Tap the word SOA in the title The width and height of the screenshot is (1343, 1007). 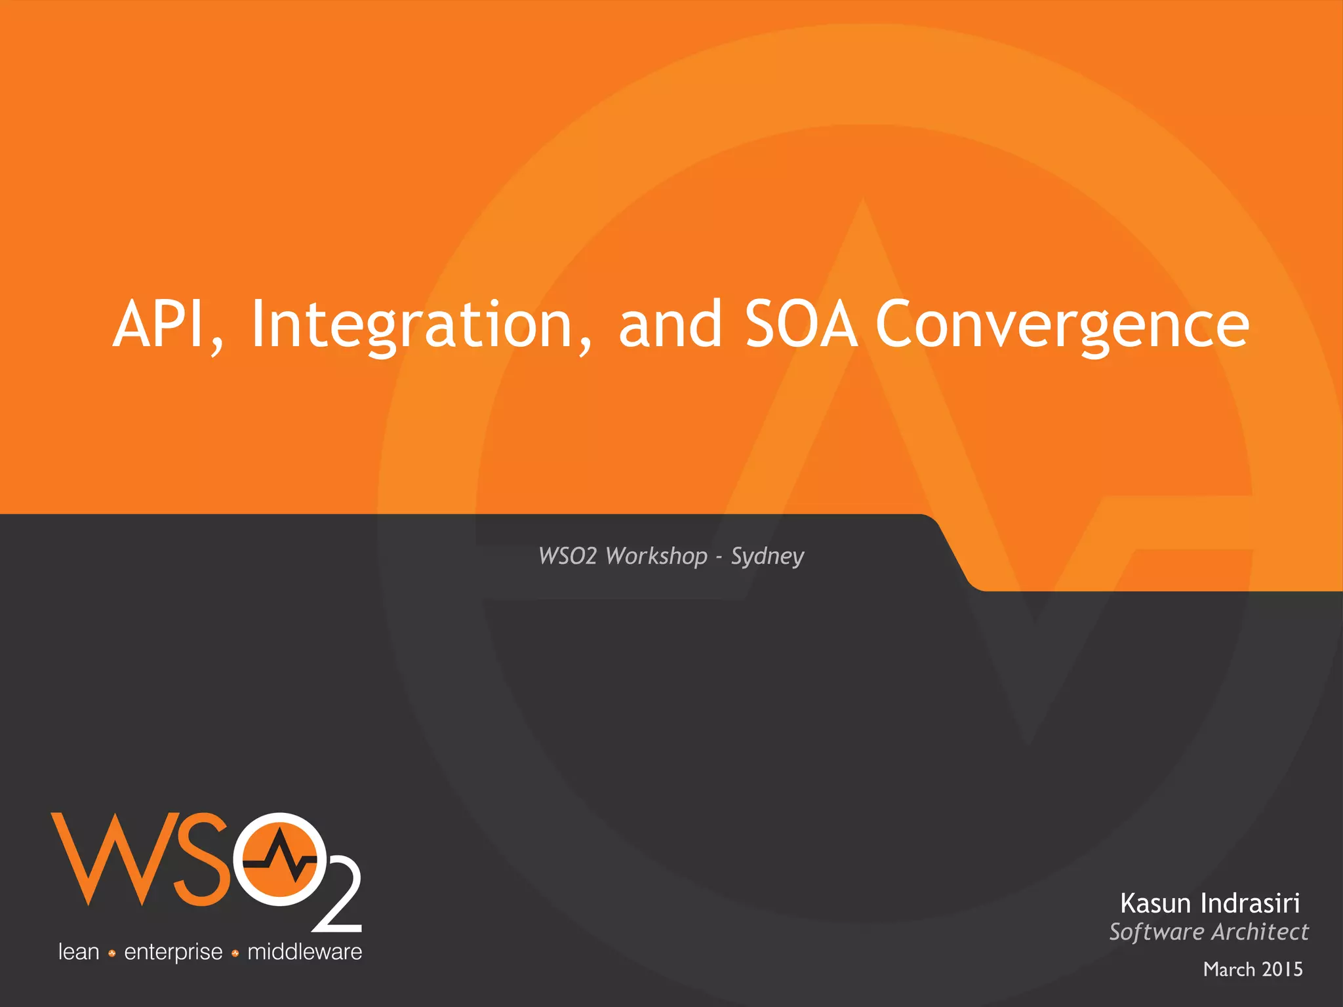pos(801,324)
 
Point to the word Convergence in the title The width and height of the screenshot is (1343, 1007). pos(1062,324)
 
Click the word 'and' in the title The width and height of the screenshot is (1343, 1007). pos(670,324)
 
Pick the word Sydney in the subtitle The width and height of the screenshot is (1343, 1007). pos(767,556)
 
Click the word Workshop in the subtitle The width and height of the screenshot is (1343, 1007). pos(656,556)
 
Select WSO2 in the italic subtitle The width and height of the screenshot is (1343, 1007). pos(567,556)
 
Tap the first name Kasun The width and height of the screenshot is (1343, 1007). pos(1155,903)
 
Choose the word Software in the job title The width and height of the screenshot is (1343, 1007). pos(1157,932)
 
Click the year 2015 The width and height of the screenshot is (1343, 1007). pos(1282,969)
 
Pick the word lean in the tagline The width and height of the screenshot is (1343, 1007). pos(79,952)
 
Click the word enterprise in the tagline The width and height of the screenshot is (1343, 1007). pos(173,952)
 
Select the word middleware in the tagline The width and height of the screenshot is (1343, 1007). pos(304,952)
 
